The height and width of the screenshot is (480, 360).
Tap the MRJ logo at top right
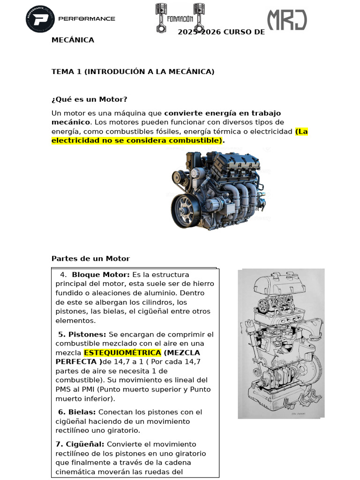(287, 20)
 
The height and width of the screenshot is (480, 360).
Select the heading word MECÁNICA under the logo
(73, 40)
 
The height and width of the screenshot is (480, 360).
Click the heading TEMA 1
(133, 72)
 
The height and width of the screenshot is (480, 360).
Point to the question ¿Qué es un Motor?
(89, 99)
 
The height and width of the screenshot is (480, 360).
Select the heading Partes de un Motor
(90, 259)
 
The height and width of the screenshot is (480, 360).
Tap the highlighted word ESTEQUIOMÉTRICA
(122, 352)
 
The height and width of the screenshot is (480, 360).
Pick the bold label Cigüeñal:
(80, 444)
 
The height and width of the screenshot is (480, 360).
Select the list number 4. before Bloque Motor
(63, 275)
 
